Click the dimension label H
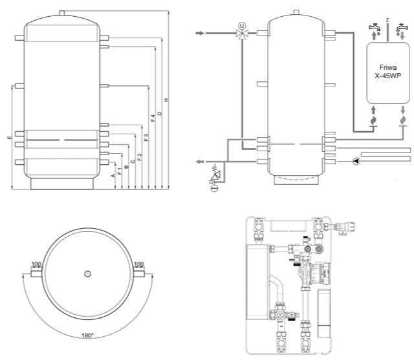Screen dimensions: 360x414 pyautogui.click(x=166, y=100)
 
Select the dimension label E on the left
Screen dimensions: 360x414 pyautogui.click(x=8, y=138)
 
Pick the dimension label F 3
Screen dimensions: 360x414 pyautogui.click(x=146, y=137)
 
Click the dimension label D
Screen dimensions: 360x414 pyautogui.click(x=160, y=114)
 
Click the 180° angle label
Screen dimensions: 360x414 pyautogui.click(x=87, y=335)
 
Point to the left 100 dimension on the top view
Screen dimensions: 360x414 pyautogui.click(x=36, y=265)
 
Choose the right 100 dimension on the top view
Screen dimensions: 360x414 pyautogui.click(x=138, y=265)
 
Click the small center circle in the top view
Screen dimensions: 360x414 pyautogui.click(x=87, y=274)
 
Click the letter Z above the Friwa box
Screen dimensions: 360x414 pyautogui.click(x=387, y=20)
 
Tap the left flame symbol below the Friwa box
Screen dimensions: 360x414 pyautogui.click(x=373, y=120)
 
